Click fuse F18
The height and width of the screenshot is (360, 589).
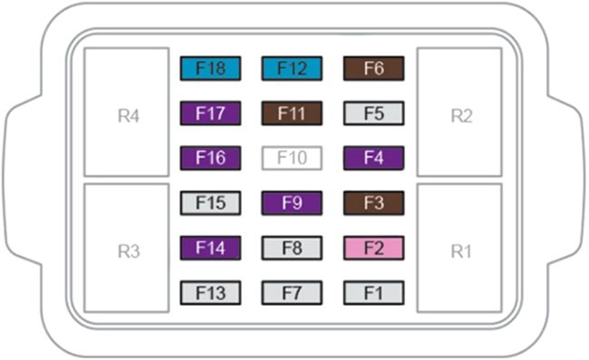[x=210, y=68]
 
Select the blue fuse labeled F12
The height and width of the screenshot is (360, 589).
[x=292, y=68]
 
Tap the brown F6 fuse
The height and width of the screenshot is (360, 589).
[x=373, y=68]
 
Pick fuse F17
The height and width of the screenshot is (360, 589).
[x=210, y=113]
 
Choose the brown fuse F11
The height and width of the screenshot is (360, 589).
[x=292, y=113]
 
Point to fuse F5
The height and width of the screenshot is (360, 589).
[x=373, y=113]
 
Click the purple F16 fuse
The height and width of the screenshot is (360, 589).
[x=210, y=158]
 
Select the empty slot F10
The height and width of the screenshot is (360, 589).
[x=292, y=158]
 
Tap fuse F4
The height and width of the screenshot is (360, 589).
[x=373, y=158]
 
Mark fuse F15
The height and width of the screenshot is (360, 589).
[x=210, y=202]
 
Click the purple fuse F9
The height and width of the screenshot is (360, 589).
[x=292, y=202]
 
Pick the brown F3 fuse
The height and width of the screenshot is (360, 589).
[x=373, y=202]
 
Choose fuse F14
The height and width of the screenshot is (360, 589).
[x=210, y=248]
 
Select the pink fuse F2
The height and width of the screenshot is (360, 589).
[x=373, y=248]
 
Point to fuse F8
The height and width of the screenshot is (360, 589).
[x=292, y=248]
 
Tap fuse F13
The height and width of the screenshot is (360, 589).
[x=210, y=292]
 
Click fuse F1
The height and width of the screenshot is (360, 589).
[x=373, y=292]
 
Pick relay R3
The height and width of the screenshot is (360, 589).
[x=127, y=248]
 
